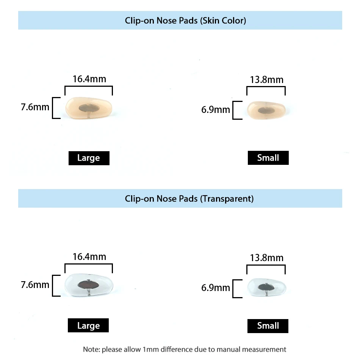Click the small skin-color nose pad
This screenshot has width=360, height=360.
[266, 110]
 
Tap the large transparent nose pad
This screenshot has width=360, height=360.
[90, 285]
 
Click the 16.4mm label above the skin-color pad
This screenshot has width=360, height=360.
[89, 79]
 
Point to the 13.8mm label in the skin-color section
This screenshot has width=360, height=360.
[266, 80]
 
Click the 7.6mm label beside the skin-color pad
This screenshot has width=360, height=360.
[35, 107]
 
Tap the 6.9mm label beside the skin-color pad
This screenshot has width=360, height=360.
[216, 110]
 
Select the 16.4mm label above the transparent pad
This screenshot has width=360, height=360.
[89, 257]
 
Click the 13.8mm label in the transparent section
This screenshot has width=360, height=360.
[266, 258]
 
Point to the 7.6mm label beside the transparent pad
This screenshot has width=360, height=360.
[35, 284]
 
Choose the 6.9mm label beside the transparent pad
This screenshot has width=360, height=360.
[216, 288]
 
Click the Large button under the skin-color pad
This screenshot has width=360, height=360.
[89, 158]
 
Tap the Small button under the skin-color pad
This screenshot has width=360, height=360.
[268, 158]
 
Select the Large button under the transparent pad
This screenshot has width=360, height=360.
[88, 326]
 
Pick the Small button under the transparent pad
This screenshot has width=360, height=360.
[268, 326]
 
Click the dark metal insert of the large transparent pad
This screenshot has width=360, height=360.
[88, 285]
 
